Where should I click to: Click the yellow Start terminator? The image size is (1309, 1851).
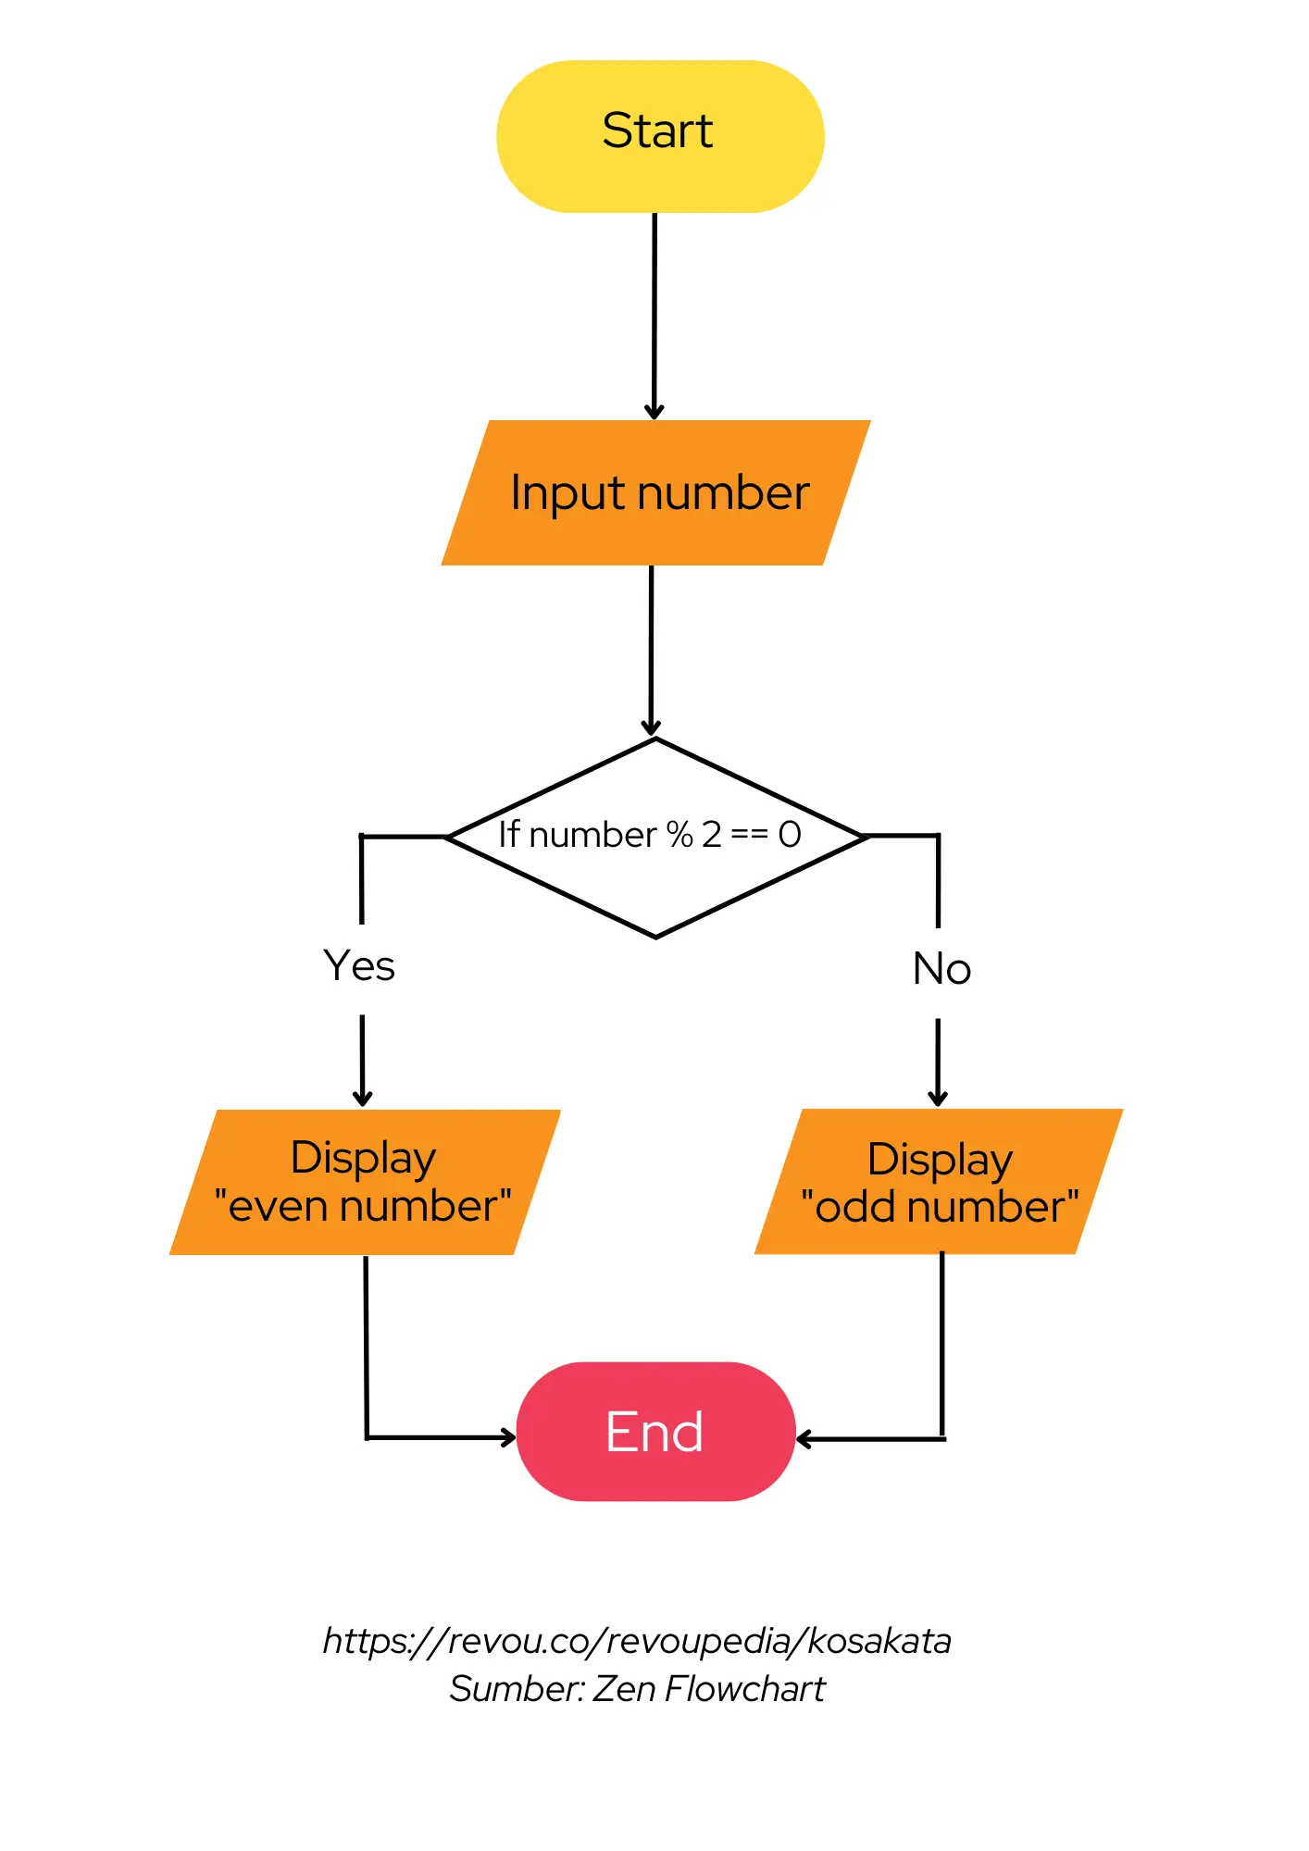pos(659,136)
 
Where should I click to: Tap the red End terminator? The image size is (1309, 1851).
pos(655,1431)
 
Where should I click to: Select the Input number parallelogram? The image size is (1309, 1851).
pos(656,492)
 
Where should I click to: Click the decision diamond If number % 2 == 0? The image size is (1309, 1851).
pos(655,837)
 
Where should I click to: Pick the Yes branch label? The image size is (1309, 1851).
pos(359,966)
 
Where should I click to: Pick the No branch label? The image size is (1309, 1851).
pos(941,969)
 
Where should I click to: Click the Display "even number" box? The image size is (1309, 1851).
pos(364,1182)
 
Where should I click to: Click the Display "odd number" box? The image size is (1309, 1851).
pos(939,1182)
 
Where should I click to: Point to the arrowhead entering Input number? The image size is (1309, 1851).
pos(654,412)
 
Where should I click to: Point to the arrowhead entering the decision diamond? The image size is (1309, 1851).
pos(652,727)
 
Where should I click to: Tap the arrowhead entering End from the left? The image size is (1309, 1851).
pos(508,1437)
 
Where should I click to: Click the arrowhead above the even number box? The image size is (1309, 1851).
pos(363,1099)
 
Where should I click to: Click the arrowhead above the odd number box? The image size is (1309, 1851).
pos(938,1099)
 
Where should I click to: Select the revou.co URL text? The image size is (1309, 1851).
pos(637,1641)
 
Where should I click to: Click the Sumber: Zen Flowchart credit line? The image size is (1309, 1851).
pos(637,1689)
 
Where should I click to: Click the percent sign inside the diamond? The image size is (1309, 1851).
pos(679,834)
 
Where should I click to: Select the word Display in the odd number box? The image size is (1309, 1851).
pos(940,1160)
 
